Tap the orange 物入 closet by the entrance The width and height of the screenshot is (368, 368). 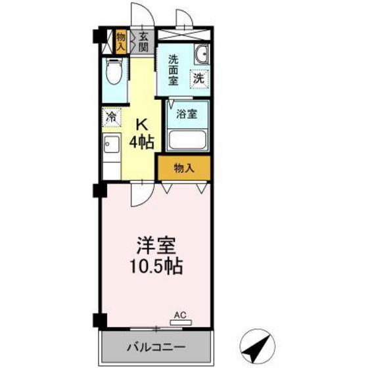pyautogui.click(x=121, y=41)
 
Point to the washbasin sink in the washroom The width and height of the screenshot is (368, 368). pyautogui.click(x=202, y=55)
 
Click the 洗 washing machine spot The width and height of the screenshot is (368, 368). pyautogui.click(x=198, y=78)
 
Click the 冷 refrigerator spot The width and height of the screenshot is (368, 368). pyautogui.click(x=112, y=118)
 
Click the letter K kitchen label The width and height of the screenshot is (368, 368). pyautogui.click(x=141, y=123)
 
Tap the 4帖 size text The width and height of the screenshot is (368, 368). pyautogui.click(x=141, y=141)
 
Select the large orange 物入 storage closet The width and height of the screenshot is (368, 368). pyautogui.click(x=184, y=169)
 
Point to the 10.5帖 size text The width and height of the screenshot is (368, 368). pyautogui.click(x=156, y=267)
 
